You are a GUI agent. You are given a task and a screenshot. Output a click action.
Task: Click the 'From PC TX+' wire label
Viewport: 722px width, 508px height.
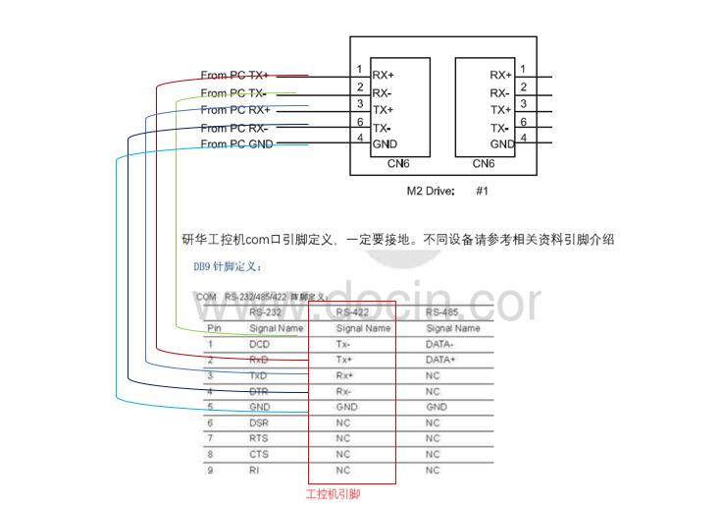pyautogui.click(x=234, y=75)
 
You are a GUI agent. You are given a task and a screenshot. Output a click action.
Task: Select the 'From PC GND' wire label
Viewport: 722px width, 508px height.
pyautogui.click(x=236, y=144)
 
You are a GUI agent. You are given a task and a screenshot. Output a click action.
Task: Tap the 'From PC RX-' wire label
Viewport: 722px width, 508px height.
pyautogui.click(x=233, y=128)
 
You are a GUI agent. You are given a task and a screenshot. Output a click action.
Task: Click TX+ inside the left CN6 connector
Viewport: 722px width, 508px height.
pyautogui.click(x=383, y=110)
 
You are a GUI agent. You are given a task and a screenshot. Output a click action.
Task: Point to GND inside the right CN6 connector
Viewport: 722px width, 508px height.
pyautogui.click(x=502, y=144)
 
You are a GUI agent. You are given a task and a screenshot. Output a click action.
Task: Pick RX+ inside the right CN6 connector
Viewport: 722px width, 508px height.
pyautogui.click(x=500, y=75)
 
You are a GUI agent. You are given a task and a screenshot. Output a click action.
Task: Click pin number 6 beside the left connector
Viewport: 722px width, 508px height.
pyautogui.click(x=361, y=121)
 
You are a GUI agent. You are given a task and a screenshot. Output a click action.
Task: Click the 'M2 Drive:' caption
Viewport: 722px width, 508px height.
pyautogui.click(x=431, y=192)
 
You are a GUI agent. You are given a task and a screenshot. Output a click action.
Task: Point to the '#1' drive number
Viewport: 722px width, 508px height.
pyautogui.click(x=482, y=192)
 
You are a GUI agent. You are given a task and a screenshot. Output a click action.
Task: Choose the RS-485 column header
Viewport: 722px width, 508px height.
pyautogui.click(x=447, y=312)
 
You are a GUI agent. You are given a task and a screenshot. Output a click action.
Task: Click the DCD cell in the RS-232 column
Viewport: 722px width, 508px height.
pyautogui.click(x=259, y=345)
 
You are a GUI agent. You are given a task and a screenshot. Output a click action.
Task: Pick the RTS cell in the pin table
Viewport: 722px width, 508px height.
pyautogui.click(x=259, y=439)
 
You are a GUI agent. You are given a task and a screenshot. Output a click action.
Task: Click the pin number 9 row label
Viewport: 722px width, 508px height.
pyautogui.click(x=210, y=471)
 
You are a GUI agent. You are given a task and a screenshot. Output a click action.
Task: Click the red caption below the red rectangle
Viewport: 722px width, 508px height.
pyautogui.click(x=334, y=495)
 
